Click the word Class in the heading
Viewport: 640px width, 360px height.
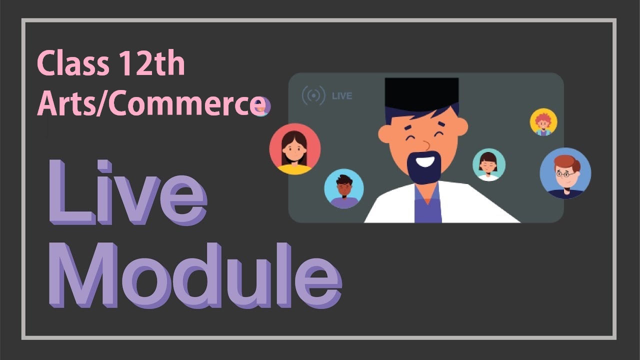[73, 63]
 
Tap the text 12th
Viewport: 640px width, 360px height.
[151, 63]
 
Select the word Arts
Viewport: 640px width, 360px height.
[66, 103]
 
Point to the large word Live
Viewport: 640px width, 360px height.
[127, 192]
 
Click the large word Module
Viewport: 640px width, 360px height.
[195, 275]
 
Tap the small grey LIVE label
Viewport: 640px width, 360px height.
[342, 96]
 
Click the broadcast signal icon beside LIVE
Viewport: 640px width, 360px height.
[313, 95]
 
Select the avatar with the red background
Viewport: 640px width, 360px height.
[295, 149]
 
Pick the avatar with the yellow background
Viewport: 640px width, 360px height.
[543, 121]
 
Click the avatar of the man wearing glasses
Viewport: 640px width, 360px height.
[565, 173]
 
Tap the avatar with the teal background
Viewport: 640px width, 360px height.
[489, 165]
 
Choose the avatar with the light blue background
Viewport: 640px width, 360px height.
[344, 188]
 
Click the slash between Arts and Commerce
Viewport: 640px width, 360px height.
[102, 103]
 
